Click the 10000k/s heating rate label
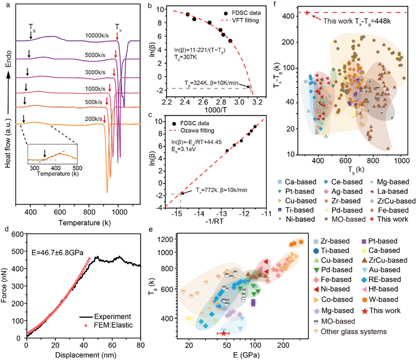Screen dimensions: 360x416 (x=97, y=35)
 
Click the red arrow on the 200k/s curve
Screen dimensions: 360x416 (x=105, y=119)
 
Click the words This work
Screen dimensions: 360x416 (x=338, y=21)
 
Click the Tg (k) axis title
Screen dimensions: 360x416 (x=356, y=169)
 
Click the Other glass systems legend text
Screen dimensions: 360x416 (x=354, y=331)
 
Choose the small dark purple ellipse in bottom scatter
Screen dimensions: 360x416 (x=253, y=302)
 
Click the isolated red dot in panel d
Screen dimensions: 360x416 (x=86, y=326)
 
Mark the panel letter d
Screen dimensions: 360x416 (x=6, y=229)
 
